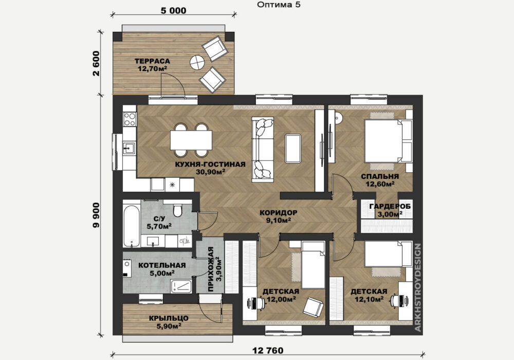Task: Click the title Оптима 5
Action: (x=279, y=5)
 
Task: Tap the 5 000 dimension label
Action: (x=173, y=10)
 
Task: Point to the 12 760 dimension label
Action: (x=268, y=351)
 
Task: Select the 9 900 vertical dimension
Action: (x=96, y=215)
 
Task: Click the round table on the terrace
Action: (x=197, y=62)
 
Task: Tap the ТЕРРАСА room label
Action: (x=152, y=61)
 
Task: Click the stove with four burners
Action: (x=130, y=119)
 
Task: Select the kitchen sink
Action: (x=130, y=148)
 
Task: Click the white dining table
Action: (x=191, y=140)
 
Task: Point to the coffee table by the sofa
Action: (x=293, y=149)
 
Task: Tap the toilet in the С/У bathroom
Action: (x=178, y=210)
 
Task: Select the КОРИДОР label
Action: (x=278, y=213)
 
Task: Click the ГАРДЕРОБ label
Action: (x=390, y=207)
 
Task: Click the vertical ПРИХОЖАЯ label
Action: (x=211, y=269)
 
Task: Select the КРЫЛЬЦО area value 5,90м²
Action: (x=169, y=326)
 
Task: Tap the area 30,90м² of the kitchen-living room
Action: (x=210, y=171)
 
